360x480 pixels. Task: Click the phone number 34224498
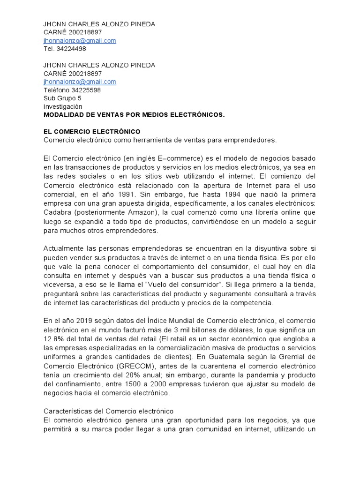[71, 49]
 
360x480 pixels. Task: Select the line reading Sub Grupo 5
[62, 98]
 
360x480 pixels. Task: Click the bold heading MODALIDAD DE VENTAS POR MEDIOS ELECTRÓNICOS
[134, 114]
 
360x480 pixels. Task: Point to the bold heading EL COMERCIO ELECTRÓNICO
[92, 131]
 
